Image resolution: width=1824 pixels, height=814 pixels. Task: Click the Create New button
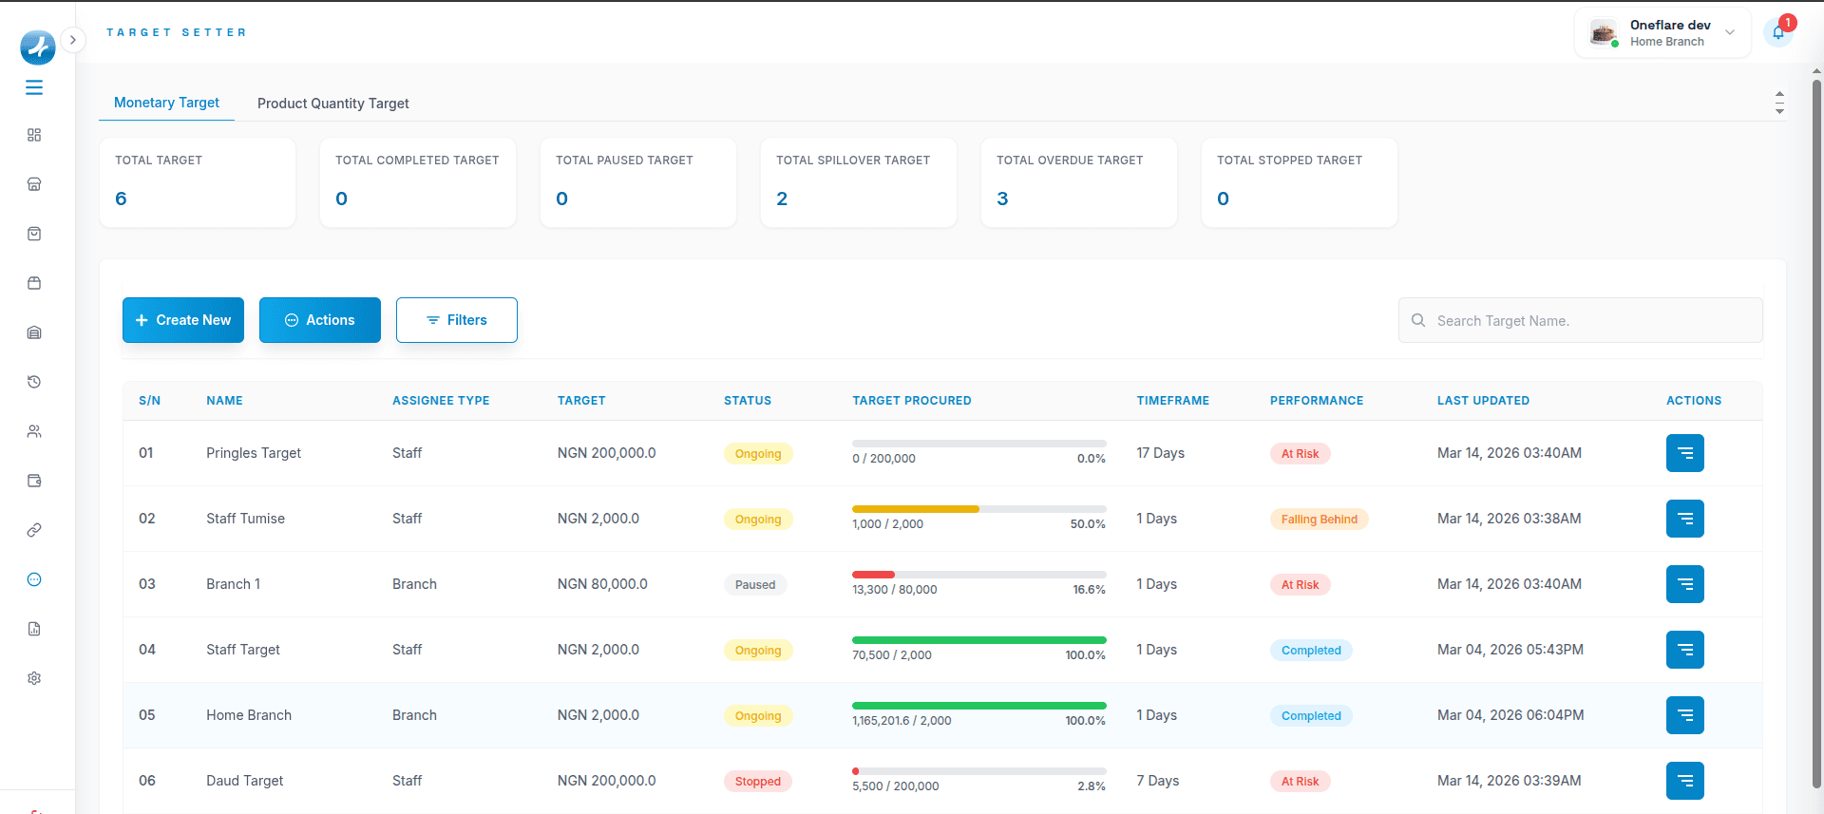[x=183, y=320]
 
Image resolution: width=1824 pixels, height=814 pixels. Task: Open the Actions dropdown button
[x=320, y=320]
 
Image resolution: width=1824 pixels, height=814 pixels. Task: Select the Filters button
[x=457, y=320]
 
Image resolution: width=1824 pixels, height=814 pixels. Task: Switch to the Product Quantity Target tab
[x=332, y=104]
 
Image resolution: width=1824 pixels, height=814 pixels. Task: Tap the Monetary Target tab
[x=166, y=103]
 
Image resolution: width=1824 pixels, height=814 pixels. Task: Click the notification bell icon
[x=1777, y=32]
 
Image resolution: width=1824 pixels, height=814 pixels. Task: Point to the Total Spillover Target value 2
[x=782, y=199]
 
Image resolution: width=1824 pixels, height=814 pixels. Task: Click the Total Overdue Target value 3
[x=1002, y=199]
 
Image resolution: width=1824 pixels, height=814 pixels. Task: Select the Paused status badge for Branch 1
[x=755, y=585]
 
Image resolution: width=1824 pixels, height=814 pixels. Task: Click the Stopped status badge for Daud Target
[x=757, y=782]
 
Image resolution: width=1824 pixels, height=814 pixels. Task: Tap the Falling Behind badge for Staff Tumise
[x=1319, y=520]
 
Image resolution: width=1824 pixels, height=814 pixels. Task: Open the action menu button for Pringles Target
[x=1684, y=453]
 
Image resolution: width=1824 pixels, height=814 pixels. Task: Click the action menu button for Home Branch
[x=1684, y=715]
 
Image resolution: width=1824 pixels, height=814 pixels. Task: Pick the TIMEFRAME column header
[x=1172, y=401]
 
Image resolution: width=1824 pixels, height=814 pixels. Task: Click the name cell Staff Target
[x=243, y=650]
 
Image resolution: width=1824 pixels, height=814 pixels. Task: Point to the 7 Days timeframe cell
[x=1157, y=781]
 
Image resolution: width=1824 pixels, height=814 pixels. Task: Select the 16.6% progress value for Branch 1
[x=1089, y=590]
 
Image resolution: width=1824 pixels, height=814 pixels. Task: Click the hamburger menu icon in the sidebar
[x=34, y=87]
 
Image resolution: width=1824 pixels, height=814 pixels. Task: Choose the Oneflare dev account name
[x=1670, y=26]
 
